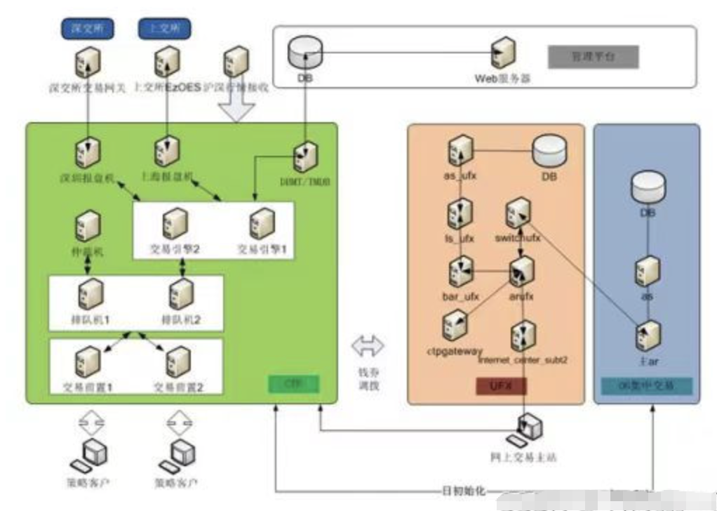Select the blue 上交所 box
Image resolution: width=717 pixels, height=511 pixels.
point(166,29)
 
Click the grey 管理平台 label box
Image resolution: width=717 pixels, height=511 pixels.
point(593,58)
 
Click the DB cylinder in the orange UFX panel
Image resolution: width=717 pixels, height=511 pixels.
point(549,150)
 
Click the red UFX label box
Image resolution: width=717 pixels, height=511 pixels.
point(501,385)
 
